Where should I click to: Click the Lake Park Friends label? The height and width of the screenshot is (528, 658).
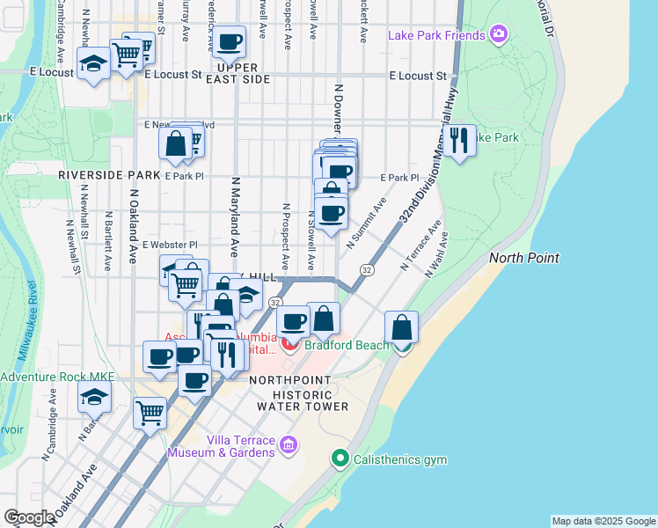pyautogui.click(x=436, y=35)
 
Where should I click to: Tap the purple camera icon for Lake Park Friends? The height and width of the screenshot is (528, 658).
pyautogui.click(x=499, y=35)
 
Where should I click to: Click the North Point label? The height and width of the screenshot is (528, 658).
pyautogui.click(x=524, y=258)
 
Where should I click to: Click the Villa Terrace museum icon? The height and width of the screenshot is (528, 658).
pyautogui.click(x=287, y=447)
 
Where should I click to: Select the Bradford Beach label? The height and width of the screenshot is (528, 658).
pyautogui.click(x=347, y=345)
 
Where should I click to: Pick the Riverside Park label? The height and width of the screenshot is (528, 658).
pyautogui.click(x=107, y=175)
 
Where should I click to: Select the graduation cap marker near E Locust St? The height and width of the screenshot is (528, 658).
pyautogui.click(x=93, y=63)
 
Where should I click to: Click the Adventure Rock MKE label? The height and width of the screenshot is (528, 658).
pyautogui.click(x=58, y=377)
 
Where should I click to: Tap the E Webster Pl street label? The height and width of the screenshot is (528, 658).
pyautogui.click(x=170, y=245)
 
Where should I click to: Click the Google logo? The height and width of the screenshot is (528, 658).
pyautogui.click(x=29, y=517)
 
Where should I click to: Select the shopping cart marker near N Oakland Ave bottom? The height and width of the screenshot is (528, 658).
pyautogui.click(x=150, y=411)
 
